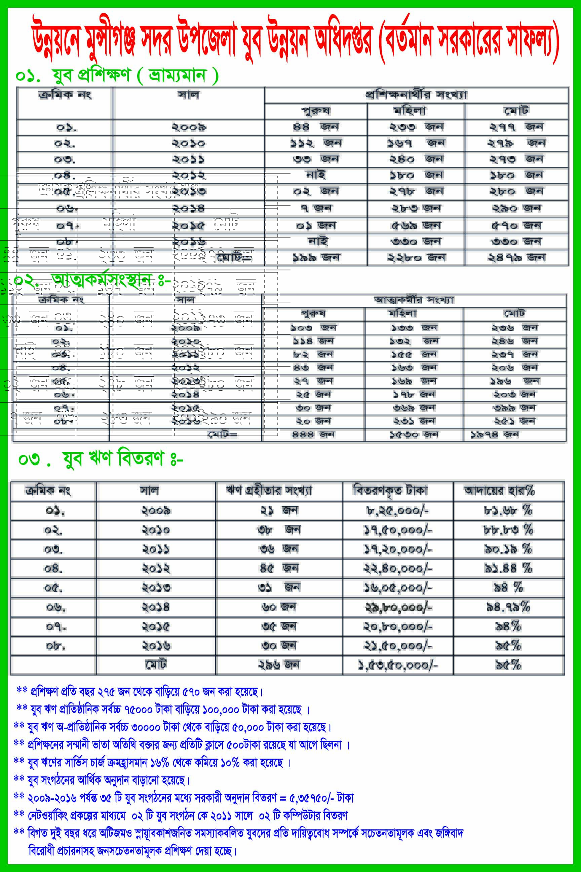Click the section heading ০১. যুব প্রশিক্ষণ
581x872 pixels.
click(x=117, y=76)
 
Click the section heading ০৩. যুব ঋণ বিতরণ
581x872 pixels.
click(x=101, y=459)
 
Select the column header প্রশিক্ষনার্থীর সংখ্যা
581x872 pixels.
click(x=416, y=95)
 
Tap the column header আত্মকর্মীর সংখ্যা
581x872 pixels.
click(x=414, y=300)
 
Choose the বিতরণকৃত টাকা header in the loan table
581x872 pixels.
click(x=390, y=491)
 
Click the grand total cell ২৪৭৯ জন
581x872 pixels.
click(x=516, y=257)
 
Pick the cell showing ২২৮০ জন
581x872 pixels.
click(x=416, y=257)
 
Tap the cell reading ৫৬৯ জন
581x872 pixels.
click(x=416, y=225)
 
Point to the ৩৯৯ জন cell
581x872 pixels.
click(x=514, y=408)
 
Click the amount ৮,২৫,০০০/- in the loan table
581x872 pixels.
click(x=397, y=511)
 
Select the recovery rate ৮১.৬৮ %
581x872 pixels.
click(x=508, y=511)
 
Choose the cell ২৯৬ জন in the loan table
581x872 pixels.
click(x=279, y=665)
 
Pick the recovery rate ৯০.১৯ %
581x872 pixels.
click(x=508, y=549)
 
